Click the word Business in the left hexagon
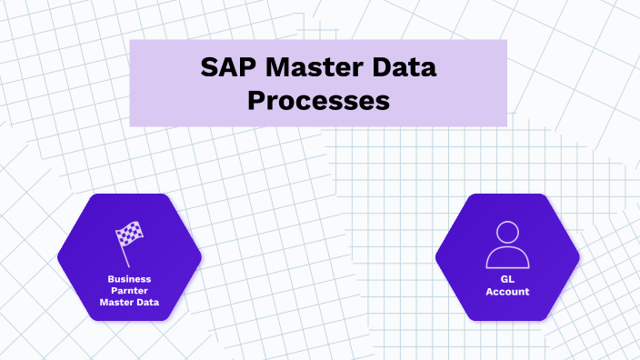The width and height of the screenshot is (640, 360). (x=128, y=279)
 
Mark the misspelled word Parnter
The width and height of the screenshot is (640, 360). (x=128, y=291)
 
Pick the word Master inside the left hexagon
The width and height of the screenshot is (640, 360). (x=117, y=303)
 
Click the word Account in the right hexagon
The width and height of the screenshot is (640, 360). (x=507, y=292)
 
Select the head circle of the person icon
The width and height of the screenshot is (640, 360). (x=507, y=233)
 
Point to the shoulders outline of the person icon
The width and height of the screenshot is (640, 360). (x=507, y=257)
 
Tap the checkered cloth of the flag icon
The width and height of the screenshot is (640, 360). (x=131, y=233)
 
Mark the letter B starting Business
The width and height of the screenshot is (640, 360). (x=110, y=279)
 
